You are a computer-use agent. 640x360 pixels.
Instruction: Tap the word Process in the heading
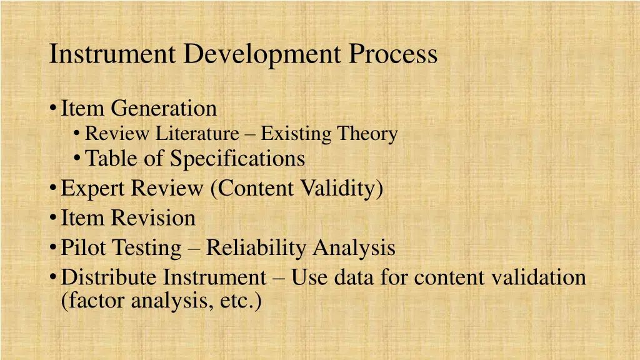tap(393, 54)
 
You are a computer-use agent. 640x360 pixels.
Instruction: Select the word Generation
tap(164, 109)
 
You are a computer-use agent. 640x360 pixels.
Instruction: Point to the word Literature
tap(197, 134)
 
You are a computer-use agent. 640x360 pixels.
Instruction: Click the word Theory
tap(367, 134)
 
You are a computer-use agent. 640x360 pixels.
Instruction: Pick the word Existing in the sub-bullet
tap(296, 134)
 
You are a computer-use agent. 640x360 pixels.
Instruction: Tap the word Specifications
tap(238, 159)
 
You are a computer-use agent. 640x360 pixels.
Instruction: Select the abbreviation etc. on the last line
tap(239, 301)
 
